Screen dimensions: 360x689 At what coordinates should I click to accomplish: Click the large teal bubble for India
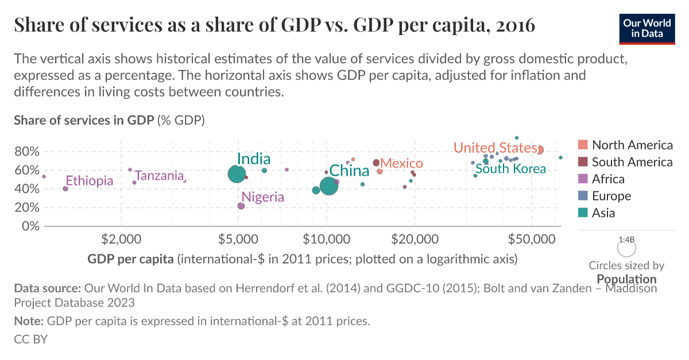click(x=237, y=173)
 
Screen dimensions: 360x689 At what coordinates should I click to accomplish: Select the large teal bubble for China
click(x=328, y=186)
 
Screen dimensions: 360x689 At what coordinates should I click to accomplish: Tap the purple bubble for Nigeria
click(x=241, y=206)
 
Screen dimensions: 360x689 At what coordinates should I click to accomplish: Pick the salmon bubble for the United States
click(x=539, y=149)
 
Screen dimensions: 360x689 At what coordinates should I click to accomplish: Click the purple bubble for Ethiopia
click(x=65, y=188)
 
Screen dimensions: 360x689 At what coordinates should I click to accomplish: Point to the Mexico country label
click(x=401, y=164)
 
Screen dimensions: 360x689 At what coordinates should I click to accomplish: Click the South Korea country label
click(x=510, y=169)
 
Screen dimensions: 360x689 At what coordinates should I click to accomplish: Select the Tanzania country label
click(x=159, y=176)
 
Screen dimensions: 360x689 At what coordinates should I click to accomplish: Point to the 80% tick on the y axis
click(x=26, y=152)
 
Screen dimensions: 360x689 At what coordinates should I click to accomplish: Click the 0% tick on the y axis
click(x=30, y=226)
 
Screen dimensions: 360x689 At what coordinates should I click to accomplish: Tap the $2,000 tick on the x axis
click(x=121, y=238)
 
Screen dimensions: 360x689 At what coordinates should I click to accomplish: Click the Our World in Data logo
click(x=647, y=28)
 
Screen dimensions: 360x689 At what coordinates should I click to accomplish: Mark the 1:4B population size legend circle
click(x=626, y=248)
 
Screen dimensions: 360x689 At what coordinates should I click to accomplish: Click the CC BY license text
click(x=30, y=339)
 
